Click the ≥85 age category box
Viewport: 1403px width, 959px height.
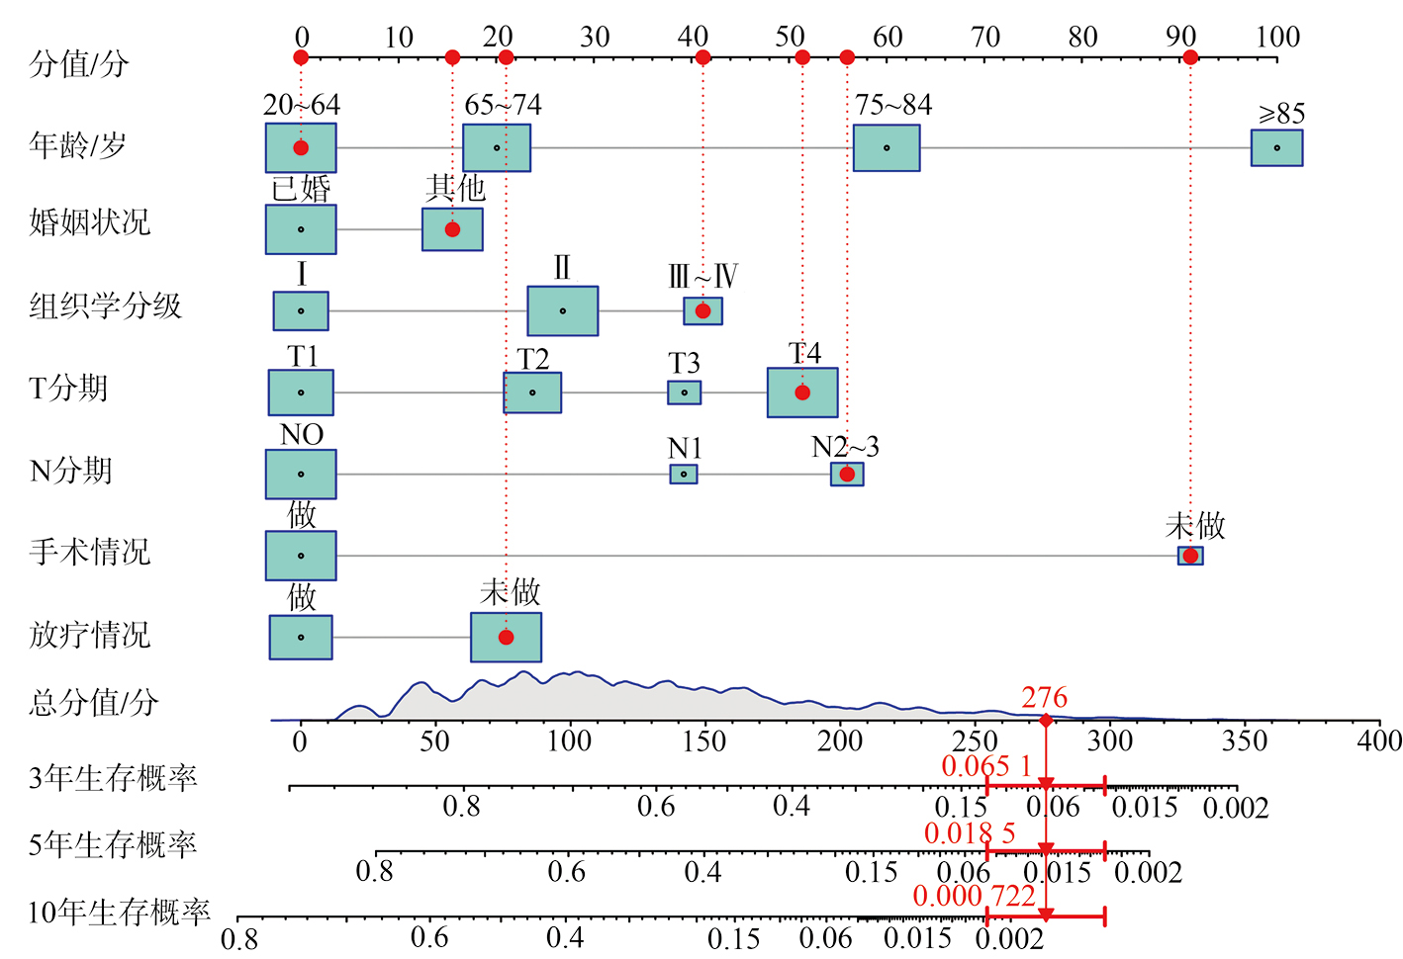(1276, 148)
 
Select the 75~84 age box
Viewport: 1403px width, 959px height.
(887, 148)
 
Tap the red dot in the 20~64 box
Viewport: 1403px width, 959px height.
(301, 148)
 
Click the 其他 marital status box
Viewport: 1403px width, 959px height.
(452, 229)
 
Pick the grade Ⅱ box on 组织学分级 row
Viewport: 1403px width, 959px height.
(562, 311)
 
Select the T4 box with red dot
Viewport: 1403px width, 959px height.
(802, 392)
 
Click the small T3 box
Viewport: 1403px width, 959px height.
(684, 392)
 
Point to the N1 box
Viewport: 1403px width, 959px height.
(684, 475)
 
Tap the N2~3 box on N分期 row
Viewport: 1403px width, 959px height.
(847, 475)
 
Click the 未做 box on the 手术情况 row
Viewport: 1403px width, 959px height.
(1190, 556)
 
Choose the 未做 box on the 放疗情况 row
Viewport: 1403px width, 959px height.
(506, 638)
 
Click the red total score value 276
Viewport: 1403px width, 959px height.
(1045, 698)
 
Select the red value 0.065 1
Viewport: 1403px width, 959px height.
(986, 766)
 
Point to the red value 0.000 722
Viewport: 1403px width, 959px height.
(974, 896)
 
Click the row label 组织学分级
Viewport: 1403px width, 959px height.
(106, 306)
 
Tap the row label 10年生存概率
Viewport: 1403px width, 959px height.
(119, 912)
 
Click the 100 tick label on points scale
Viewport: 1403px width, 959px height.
(1277, 38)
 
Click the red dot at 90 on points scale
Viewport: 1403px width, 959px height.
(1190, 57)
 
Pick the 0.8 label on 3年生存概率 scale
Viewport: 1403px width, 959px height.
(461, 807)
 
